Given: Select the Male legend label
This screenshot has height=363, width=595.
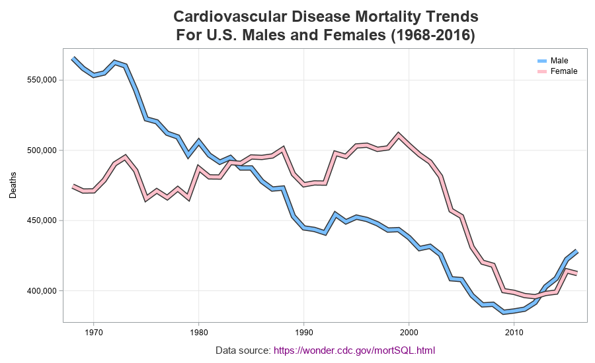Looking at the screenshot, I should (559, 61).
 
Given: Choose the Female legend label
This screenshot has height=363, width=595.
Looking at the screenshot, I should (564, 71).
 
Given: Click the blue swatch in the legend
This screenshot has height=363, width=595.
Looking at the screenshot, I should (542, 61).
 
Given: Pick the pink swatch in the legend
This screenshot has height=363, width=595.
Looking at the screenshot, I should (542, 71).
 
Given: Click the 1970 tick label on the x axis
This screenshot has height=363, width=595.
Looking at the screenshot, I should (93, 332).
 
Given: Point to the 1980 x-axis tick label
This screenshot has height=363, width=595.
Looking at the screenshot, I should (198, 332).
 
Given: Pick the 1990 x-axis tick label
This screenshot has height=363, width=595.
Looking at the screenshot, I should (303, 332).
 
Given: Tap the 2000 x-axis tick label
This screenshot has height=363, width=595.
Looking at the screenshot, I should (409, 332).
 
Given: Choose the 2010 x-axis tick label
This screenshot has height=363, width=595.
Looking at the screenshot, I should (514, 332).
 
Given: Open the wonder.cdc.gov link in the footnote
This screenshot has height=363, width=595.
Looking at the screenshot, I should (354, 350).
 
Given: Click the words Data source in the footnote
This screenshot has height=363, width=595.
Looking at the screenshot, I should (243, 350).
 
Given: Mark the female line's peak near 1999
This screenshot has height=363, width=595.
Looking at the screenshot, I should (399, 135).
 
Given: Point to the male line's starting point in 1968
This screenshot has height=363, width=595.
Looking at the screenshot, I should (73, 58).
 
